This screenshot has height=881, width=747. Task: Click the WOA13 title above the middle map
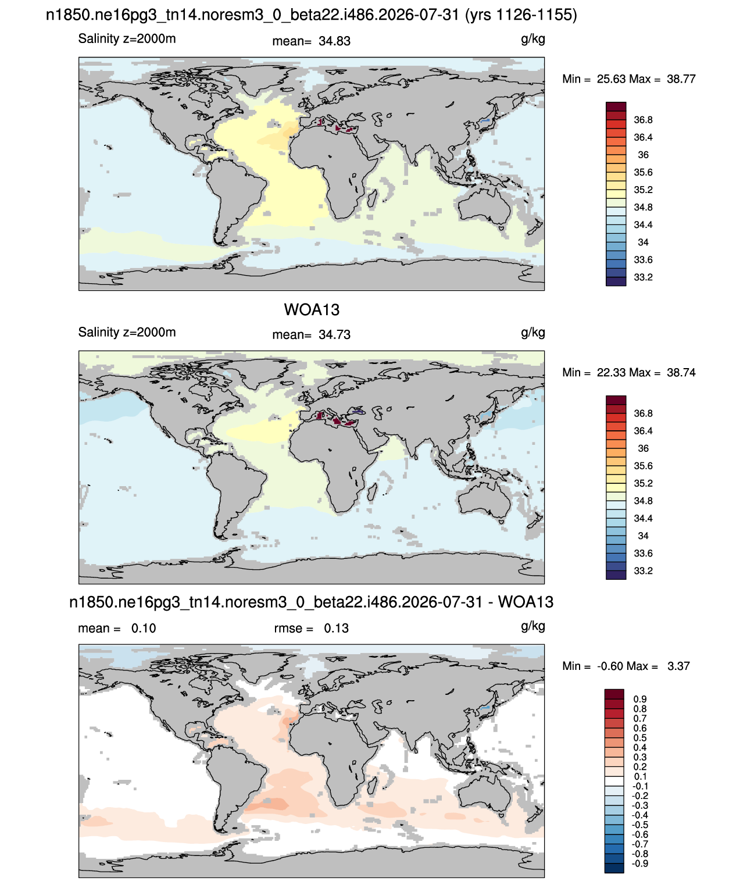(x=312, y=310)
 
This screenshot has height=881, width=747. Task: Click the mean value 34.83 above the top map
(x=334, y=41)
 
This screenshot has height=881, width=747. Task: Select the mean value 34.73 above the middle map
(x=334, y=335)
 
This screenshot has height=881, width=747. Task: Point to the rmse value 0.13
(x=336, y=629)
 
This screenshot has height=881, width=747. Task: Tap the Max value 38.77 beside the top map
(x=681, y=79)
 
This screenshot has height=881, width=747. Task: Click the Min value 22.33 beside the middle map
(x=611, y=373)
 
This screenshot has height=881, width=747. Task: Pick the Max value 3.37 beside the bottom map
(x=678, y=666)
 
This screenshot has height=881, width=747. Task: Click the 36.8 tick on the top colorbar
(x=643, y=120)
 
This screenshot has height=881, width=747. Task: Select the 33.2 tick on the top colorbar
(x=643, y=277)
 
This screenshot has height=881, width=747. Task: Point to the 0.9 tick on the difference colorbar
(x=640, y=700)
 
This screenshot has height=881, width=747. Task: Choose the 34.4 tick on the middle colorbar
(x=643, y=519)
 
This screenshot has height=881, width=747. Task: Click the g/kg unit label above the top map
(x=532, y=39)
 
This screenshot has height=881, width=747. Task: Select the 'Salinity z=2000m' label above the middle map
(x=127, y=333)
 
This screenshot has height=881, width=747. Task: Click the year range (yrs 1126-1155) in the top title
(x=521, y=15)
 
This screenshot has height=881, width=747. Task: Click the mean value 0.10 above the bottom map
(x=144, y=629)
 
